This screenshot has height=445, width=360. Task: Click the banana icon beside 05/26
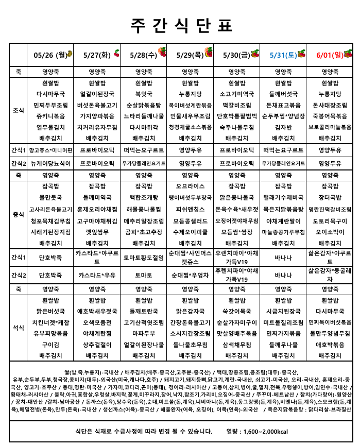(71, 53)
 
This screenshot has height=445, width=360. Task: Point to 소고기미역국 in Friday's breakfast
(237, 94)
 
